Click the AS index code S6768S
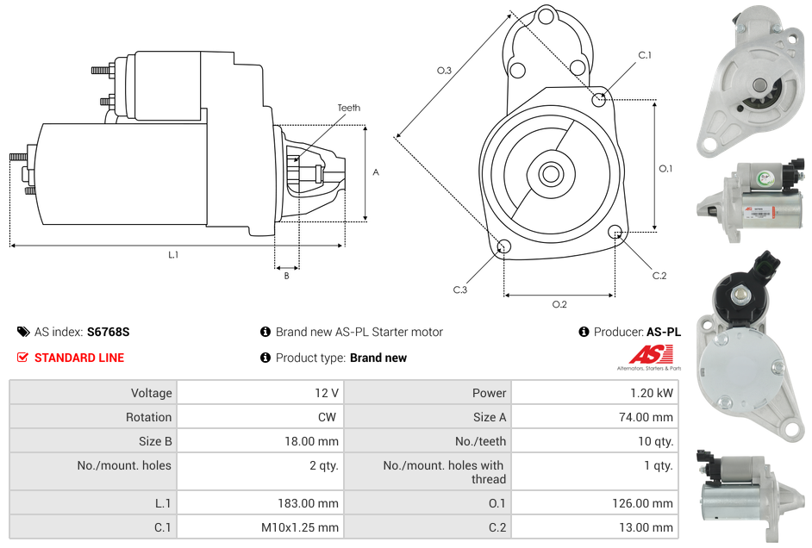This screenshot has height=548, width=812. coord(108,332)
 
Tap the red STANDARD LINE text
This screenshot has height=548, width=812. coord(78,358)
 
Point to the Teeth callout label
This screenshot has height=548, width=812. coord(348,108)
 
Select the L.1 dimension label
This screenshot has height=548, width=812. coord(173,254)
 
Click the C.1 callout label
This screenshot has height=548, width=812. coord(644,56)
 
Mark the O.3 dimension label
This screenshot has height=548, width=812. coord(444,71)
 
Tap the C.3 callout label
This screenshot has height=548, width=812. coord(459,290)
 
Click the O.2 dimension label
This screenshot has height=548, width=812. coord(559,303)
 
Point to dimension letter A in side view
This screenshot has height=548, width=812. coord(376,172)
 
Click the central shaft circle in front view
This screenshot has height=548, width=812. coord(550,174)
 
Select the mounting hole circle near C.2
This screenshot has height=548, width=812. coord(615,232)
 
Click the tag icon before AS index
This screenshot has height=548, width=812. coord(23,332)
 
